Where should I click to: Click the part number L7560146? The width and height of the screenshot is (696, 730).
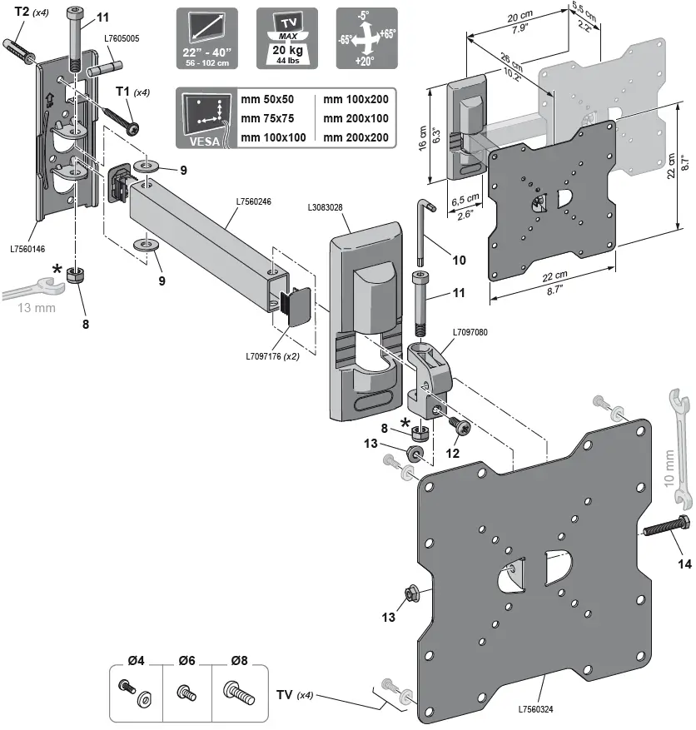pos(28,248)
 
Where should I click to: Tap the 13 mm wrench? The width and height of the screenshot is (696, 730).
pos(31,292)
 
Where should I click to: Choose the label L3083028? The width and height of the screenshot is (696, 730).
pos(326,206)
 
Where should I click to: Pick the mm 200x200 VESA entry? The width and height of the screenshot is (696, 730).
pos(355,137)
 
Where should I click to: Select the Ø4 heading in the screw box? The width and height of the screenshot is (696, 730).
pos(137,661)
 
